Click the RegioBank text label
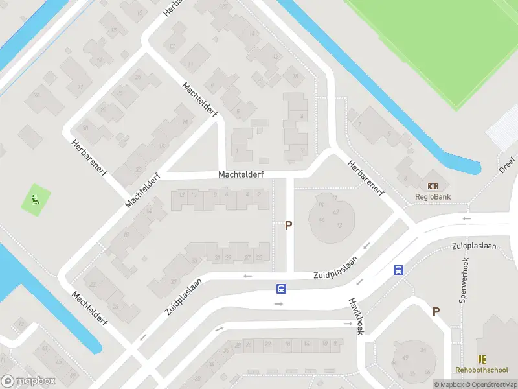coord(433,197)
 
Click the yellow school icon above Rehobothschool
coord(482,359)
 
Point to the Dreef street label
coord(506,165)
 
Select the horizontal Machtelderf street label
coord(241,174)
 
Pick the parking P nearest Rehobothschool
coord(436,312)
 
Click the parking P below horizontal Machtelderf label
coord(289,226)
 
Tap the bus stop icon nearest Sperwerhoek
coord(398,270)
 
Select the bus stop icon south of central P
coord(281,289)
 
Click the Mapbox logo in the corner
coord(28,381)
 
